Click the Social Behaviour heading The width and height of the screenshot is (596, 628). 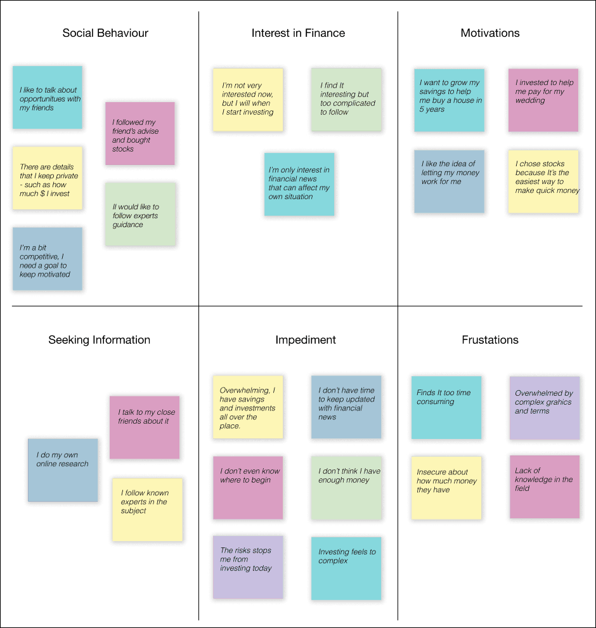(x=105, y=33)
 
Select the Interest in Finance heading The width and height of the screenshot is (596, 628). (x=298, y=33)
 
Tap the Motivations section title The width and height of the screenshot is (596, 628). (x=489, y=33)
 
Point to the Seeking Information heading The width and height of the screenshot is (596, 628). (x=100, y=340)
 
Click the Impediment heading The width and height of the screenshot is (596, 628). (x=305, y=340)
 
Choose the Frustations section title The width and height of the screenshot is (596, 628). (x=489, y=340)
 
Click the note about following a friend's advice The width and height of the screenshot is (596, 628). (x=139, y=134)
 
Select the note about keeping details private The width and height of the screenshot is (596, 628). (x=48, y=178)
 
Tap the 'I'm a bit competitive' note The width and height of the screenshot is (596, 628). (x=48, y=259)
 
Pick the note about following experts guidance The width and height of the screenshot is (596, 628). (x=140, y=214)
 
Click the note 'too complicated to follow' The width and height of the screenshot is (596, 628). (x=346, y=100)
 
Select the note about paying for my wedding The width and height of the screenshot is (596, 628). (x=543, y=100)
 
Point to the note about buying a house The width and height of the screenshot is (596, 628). (x=449, y=100)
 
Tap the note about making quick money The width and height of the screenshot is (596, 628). (x=543, y=181)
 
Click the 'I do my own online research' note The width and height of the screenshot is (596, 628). (x=63, y=469)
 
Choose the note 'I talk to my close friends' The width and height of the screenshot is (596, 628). (x=145, y=426)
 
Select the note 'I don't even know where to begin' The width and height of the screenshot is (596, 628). (x=248, y=487)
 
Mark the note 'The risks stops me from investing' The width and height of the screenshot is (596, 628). (x=248, y=566)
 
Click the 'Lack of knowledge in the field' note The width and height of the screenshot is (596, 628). (x=544, y=487)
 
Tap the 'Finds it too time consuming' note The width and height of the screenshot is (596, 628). (x=446, y=407)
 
